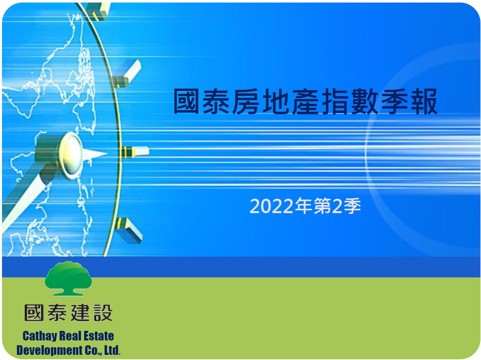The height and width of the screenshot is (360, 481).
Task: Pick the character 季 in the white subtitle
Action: click(352, 206)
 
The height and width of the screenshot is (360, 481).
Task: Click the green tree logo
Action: click(68, 278)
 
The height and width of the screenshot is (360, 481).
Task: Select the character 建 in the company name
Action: click(80, 313)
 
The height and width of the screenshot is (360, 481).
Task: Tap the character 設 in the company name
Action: click(103, 313)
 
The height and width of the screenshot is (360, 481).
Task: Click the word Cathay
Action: click(40, 336)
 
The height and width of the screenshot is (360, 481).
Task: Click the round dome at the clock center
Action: click(71, 155)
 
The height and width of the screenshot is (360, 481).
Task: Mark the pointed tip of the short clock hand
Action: click(107, 153)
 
